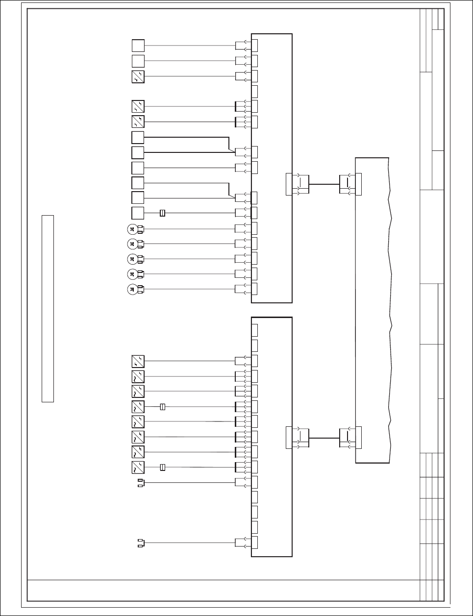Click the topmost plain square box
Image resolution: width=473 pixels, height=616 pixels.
tap(138, 46)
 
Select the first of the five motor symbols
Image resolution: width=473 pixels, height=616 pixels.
tap(132, 228)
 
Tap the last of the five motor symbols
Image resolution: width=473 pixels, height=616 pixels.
tap(132, 289)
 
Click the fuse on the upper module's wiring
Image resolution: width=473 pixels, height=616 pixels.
tap(163, 213)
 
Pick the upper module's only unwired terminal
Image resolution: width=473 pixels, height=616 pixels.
tap(254, 91)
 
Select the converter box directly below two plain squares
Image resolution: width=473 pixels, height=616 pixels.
tap(138, 76)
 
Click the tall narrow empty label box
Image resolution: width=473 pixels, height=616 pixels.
tap(48, 308)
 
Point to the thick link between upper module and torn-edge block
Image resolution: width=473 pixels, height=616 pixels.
tap(324, 184)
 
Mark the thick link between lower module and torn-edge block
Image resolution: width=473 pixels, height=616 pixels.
tap(324, 438)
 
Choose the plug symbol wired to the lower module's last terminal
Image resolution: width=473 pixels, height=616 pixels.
tap(140, 542)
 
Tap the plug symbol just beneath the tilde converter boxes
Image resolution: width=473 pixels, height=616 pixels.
tap(140, 483)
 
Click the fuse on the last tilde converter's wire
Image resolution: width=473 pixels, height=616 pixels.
tap(163, 467)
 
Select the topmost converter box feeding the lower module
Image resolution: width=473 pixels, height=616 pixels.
tap(138, 362)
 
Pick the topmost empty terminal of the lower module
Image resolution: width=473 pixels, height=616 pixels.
tap(254, 330)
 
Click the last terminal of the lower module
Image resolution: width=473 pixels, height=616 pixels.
tap(254, 542)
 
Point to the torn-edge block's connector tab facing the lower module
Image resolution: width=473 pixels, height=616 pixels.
tap(358, 438)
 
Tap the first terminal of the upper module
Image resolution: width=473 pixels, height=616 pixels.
tap(254, 46)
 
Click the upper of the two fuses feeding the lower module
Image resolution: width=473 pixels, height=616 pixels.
tap(163, 407)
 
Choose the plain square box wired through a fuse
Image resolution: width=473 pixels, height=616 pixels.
tap(138, 213)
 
